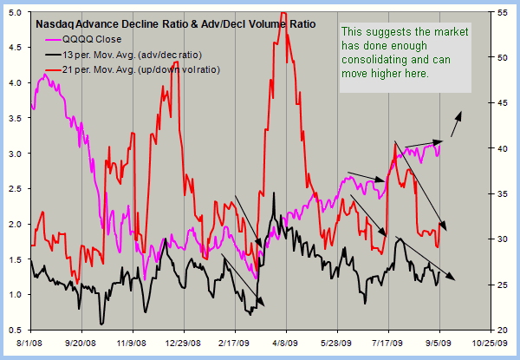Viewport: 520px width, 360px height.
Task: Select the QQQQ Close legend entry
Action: click(x=95, y=38)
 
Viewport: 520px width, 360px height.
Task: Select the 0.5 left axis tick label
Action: click(x=16, y=331)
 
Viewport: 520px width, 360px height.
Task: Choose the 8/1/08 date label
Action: click(x=30, y=344)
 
